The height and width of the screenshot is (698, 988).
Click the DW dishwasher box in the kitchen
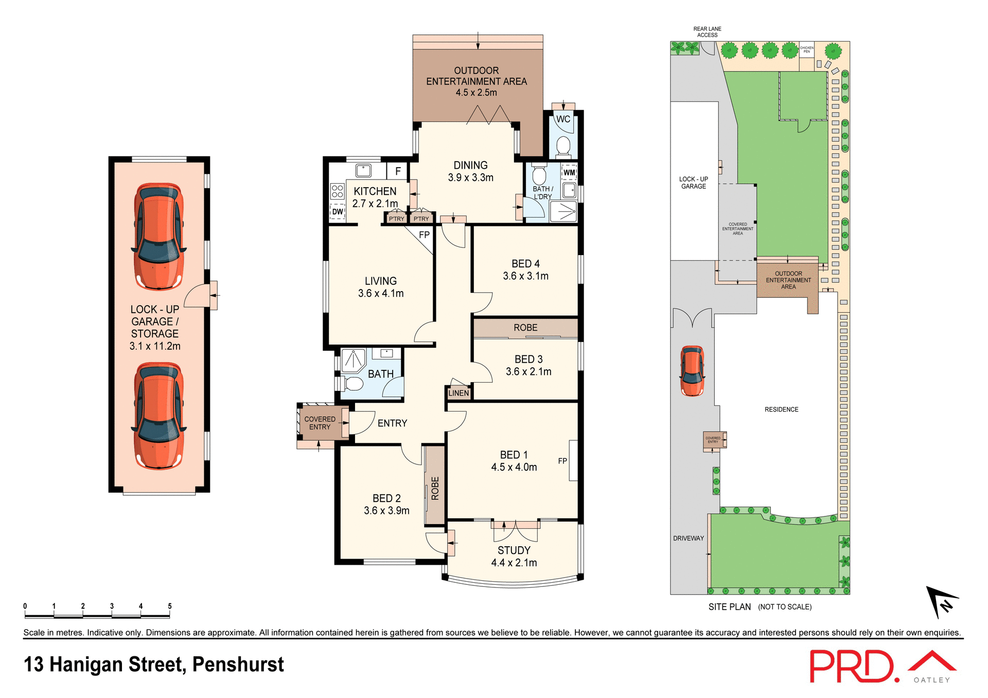(x=338, y=211)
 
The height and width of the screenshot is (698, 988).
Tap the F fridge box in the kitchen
(x=398, y=171)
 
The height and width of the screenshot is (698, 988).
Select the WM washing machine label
(x=569, y=172)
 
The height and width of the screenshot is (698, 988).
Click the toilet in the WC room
(x=563, y=146)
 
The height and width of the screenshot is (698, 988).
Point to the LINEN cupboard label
(x=458, y=393)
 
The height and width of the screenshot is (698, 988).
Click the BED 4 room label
(x=525, y=264)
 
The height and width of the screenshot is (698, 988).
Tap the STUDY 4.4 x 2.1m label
(x=514, y=557)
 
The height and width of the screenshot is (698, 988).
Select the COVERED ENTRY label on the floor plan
(x=320, y=423)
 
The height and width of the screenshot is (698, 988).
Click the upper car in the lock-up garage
(x=158, y=237)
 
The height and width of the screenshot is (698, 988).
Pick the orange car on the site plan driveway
(x=692, y=370)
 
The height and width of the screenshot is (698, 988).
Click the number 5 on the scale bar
(x=170, y=606)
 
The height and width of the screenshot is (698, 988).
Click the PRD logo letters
(x=852, y=667)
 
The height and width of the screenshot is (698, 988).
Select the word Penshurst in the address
(x=238, y=665)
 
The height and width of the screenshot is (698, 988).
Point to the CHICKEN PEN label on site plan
(x=806, y=49)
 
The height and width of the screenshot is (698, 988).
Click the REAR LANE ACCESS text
(x=707, y=32)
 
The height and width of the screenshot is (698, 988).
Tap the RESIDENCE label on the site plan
(x=781, y=409)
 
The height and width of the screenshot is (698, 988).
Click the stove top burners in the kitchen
(x=337, y=191)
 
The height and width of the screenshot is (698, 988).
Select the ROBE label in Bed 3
(x=525, y=328)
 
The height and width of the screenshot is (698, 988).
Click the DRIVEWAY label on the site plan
(x=688, y=538)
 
